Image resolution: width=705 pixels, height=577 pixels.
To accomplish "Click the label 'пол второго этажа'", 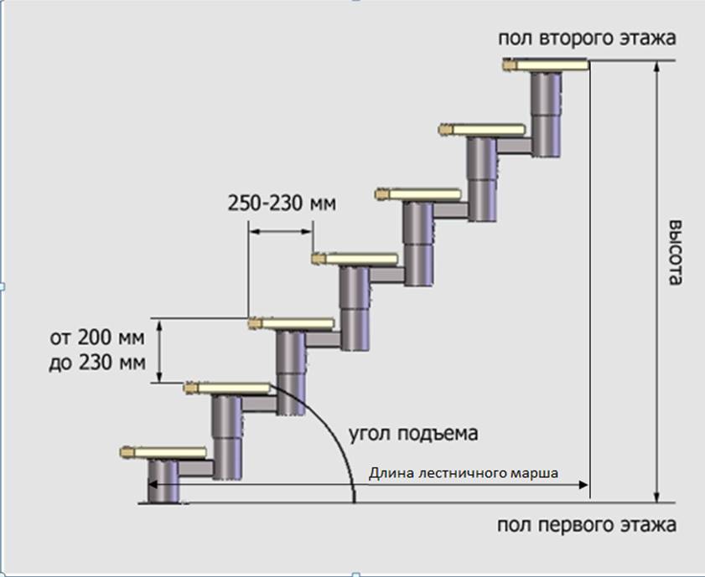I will [587, 39].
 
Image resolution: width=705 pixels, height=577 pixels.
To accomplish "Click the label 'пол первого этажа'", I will [586, 526].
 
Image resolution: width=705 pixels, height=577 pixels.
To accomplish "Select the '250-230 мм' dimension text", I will [281, 203].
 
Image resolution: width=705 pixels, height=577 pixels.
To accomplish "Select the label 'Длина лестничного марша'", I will [464, 473].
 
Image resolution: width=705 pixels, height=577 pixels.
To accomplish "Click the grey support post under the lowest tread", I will [163, 481].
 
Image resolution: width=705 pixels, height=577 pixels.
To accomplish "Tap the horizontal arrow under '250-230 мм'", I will [280, 233].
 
